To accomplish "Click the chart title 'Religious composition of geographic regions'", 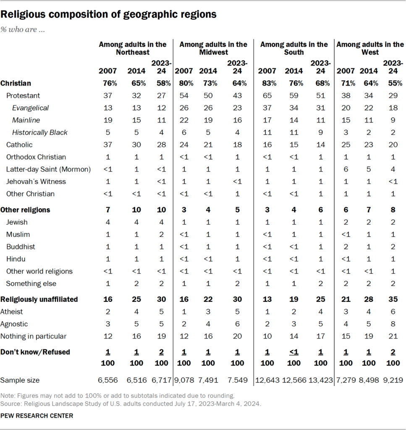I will tap(109, 14).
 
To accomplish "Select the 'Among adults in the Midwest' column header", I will tap(213, 48).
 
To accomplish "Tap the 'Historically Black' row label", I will tap(40, 132).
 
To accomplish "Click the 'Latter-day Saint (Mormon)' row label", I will tap(48, 169).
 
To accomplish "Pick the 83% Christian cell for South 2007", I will tap(267, 83).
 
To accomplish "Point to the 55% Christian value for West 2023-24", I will tap(393, 83).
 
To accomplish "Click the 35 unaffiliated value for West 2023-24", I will tap(393, 299).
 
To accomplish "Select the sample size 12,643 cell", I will tap(267, 380).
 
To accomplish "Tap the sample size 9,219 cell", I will tap(392, 380).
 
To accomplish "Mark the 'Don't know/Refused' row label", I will tap(35, 352).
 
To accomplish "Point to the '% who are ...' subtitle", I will tap(23, 30).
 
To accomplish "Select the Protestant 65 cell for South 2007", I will tap(267, 95).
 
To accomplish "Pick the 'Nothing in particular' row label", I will tap(34, 336).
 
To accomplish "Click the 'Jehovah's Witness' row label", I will tap(36, 181).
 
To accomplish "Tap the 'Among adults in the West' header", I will tap(370, 48).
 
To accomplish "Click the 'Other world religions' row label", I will tap(39, 271).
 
